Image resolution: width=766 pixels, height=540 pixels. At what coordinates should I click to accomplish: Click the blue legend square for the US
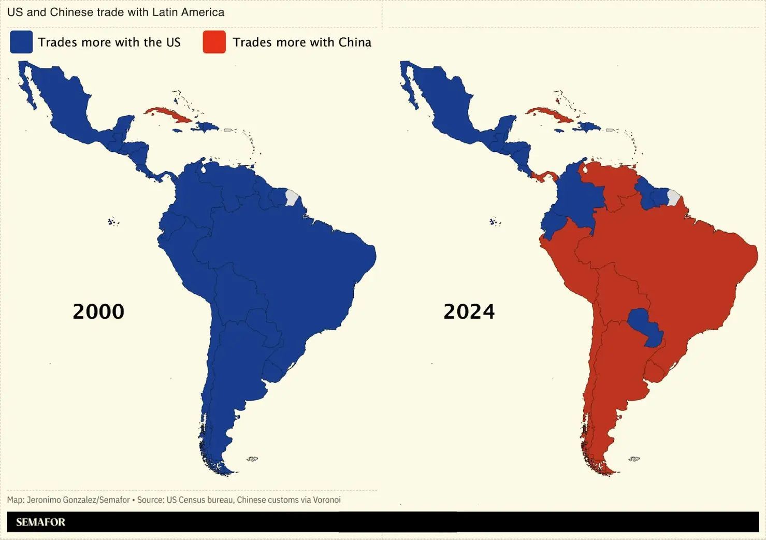(x=21, y=42)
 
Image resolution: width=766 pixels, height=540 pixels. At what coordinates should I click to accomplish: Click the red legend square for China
(x=214, y=42)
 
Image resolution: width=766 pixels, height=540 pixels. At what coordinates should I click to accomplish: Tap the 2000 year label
(x=98, y=311)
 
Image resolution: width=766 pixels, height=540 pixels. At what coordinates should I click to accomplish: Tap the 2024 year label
(x=469, y=311)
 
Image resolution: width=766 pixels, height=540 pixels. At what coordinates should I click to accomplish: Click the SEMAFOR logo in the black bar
(x=40, y=522)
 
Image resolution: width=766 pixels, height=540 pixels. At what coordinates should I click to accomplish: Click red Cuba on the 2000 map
(x=168, y=115)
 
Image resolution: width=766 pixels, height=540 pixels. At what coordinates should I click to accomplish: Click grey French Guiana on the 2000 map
(x=292, y=197)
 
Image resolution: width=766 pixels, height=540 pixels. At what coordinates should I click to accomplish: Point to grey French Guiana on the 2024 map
(x=674, y=197)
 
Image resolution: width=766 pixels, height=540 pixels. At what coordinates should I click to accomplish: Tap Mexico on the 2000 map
(x=62, y=104)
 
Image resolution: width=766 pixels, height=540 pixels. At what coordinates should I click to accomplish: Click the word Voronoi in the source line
(x=327, y=500)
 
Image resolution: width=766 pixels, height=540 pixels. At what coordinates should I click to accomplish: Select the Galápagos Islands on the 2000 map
(x=112, y=222)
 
